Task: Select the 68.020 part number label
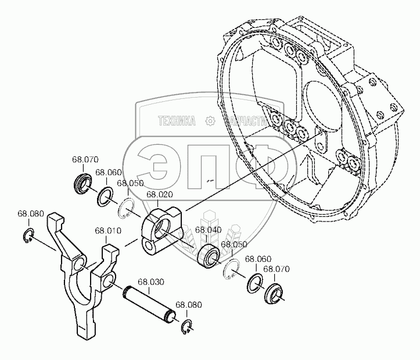coord(159,195)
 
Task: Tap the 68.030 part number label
coord(150,282)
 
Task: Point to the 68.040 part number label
coord(207,230)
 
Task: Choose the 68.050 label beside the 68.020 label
coord(130,183)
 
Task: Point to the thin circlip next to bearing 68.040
coord(231,269)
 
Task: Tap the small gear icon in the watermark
coord(210,122)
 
